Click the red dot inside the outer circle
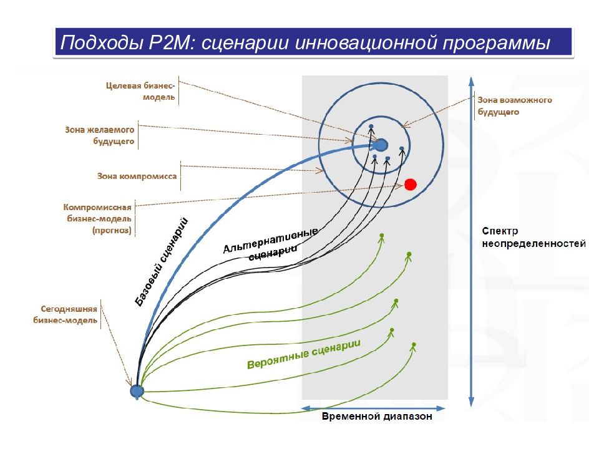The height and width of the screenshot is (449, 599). pyautogui.click(x=410, y=184)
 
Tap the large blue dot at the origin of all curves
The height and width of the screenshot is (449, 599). pyautogui.click(x=137, y=391)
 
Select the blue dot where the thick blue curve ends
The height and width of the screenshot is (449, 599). pyautogui.click(x=380, y=145)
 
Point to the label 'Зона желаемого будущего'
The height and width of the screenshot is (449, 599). pyautogui.click(x=100, y=137)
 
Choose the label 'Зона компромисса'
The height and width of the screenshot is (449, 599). pyautogui.click(x=137, y=176)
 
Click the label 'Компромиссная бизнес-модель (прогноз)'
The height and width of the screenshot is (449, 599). pyautogui.click(x=97, y=218)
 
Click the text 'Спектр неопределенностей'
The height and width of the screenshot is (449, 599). pyautogui.click(x=533, y=237)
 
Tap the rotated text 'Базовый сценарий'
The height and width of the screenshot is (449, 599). pyautogui.click(x=162, y=260)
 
